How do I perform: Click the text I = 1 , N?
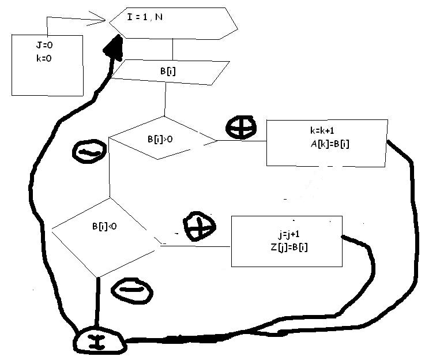point(145,17)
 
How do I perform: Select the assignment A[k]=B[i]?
point(329,144)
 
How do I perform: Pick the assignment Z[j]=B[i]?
point(287,247)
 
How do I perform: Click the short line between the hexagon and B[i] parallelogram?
point(172,50)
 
